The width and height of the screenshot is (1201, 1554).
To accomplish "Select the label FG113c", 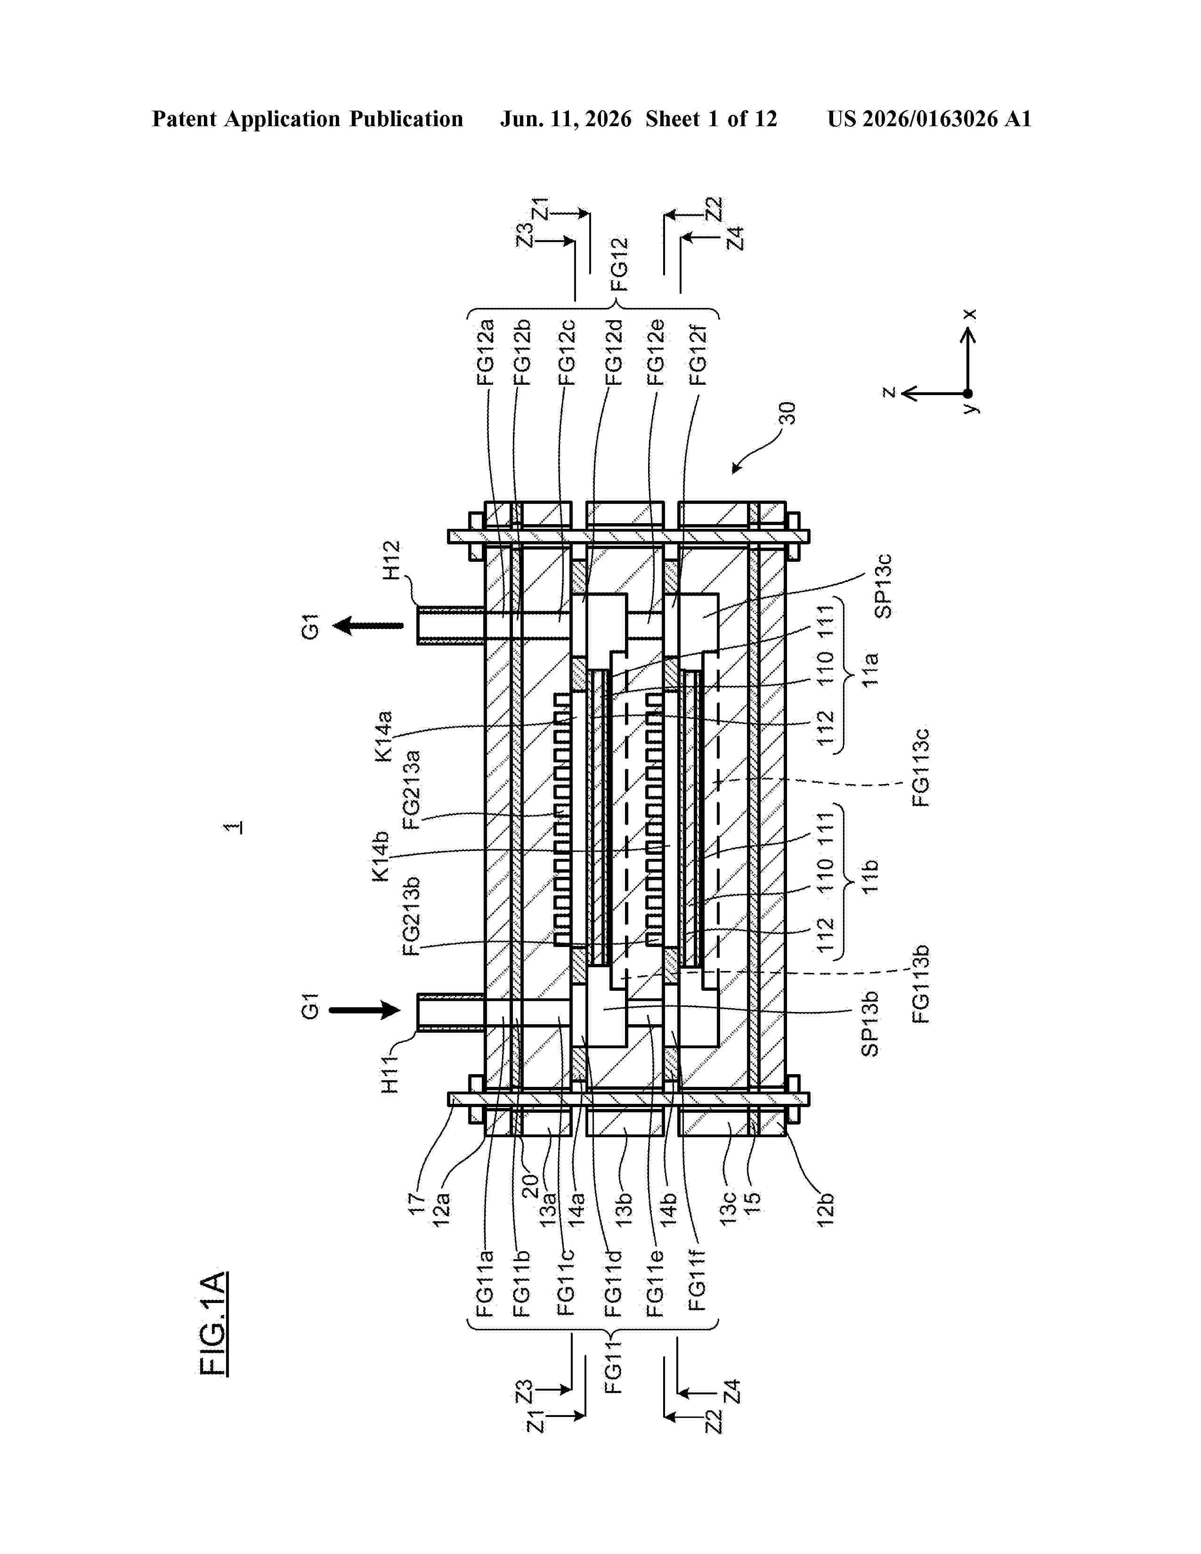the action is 921,768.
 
